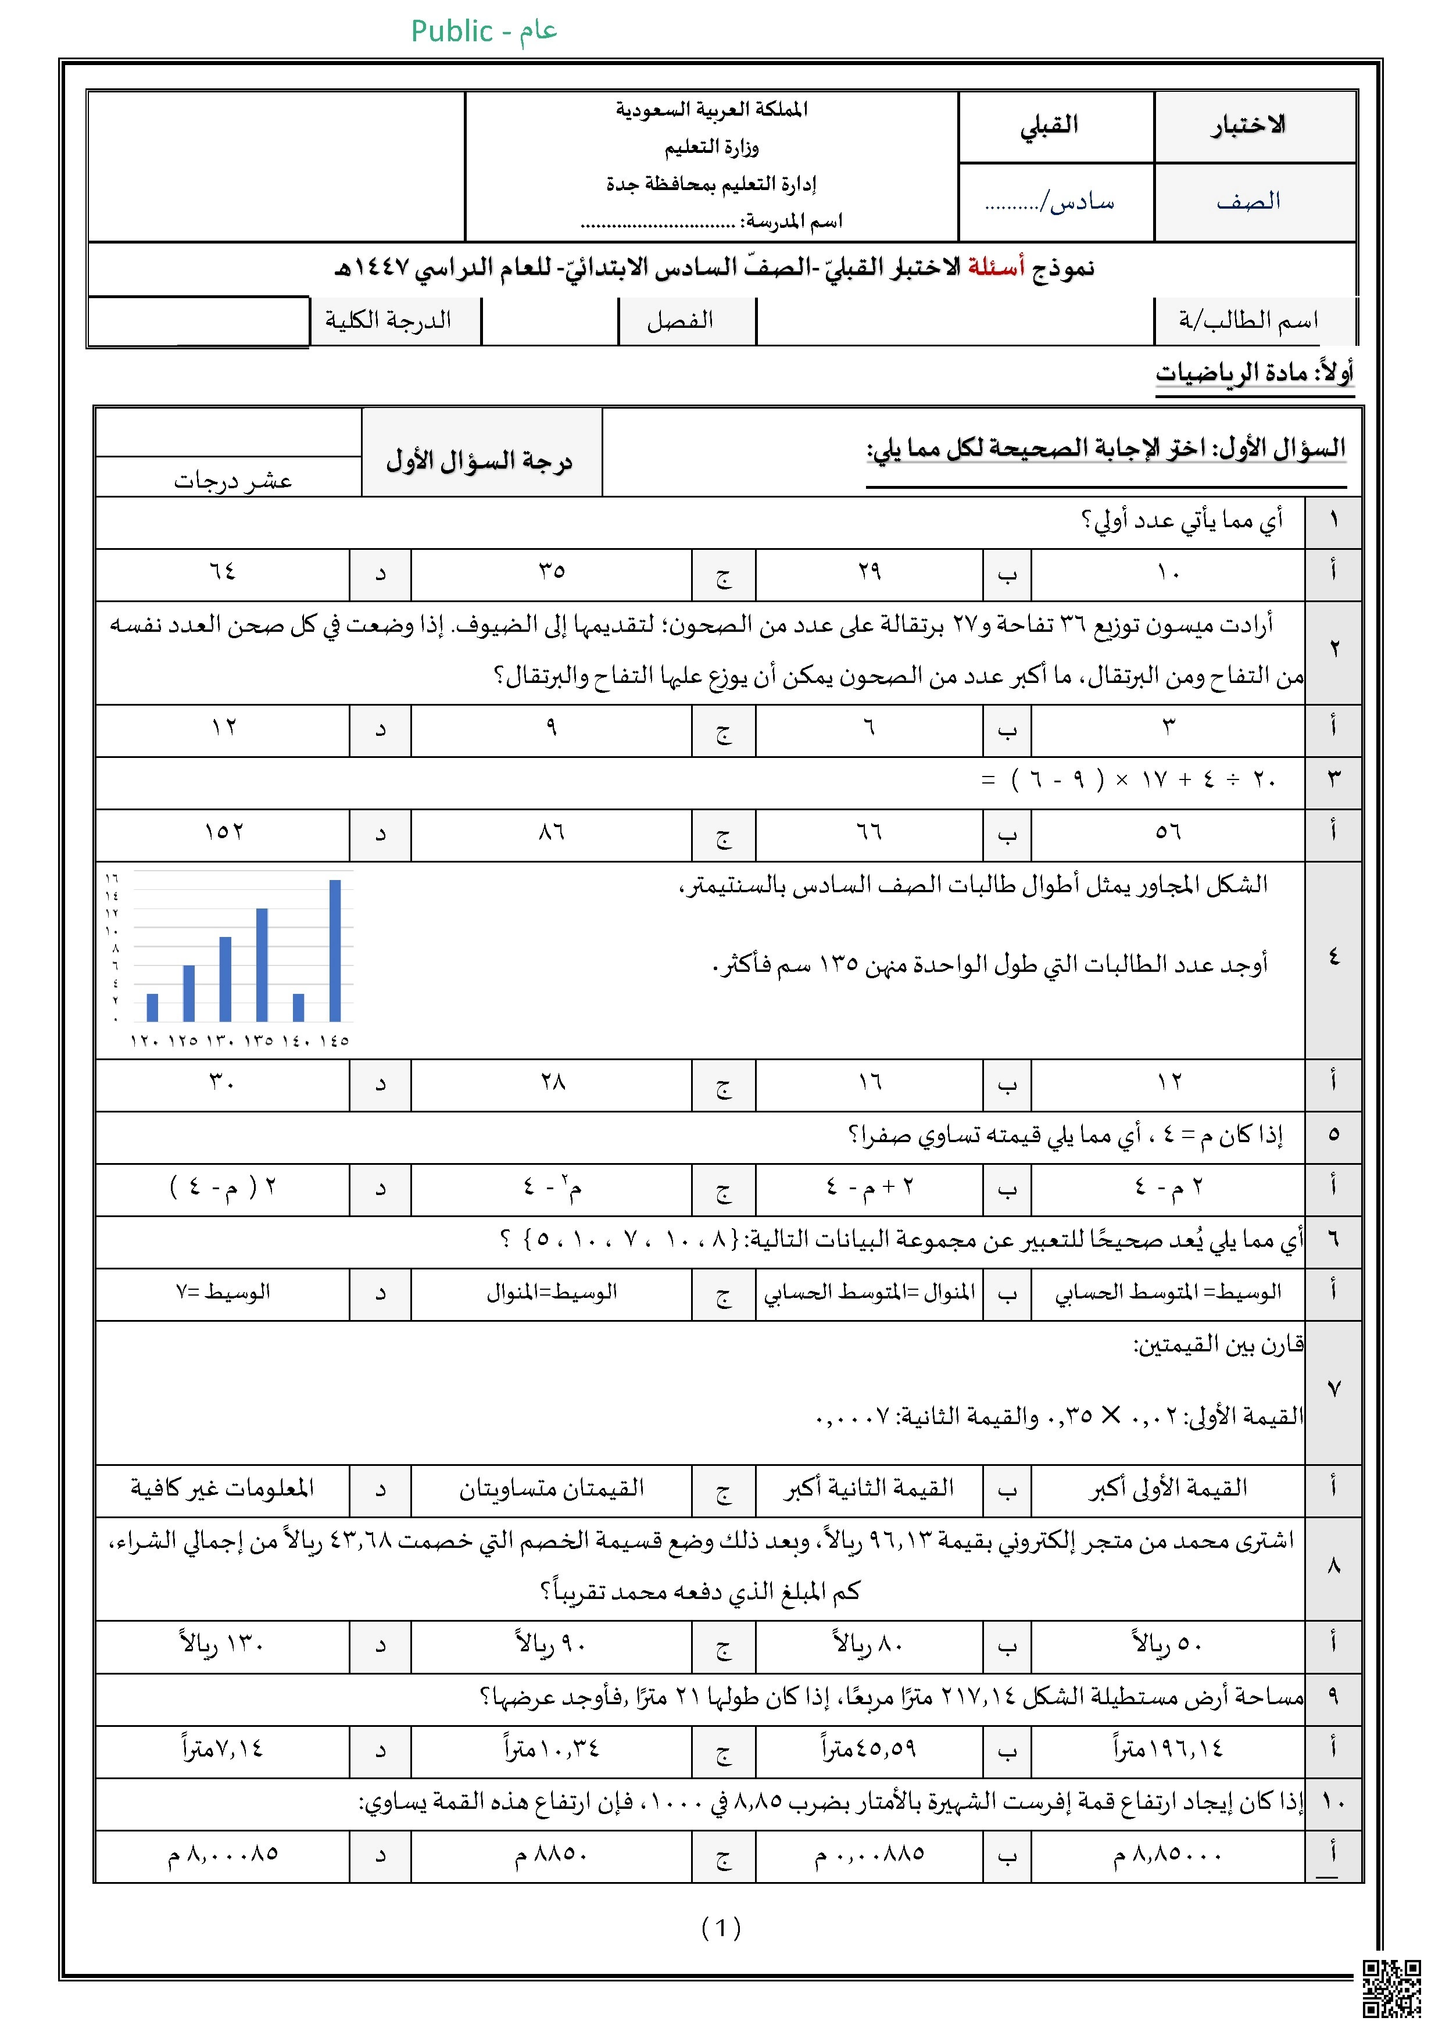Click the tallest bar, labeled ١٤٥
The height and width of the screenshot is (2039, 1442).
[x=335, y=950]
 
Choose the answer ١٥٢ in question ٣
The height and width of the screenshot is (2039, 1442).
[x=223, y=832]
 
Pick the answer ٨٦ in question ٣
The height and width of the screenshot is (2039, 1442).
[x=552, y=832]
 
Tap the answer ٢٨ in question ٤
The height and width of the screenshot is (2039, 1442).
[x=552, y=1082]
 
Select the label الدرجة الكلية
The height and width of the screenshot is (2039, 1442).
[x=388, y=321]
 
